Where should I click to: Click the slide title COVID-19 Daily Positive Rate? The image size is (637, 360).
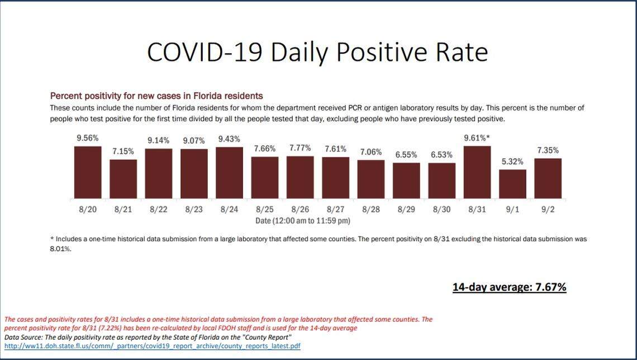(317, 52)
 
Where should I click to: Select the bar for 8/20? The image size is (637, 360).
(88, 172)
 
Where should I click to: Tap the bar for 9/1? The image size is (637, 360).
(512, 184)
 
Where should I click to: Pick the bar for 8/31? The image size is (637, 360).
(477, 172)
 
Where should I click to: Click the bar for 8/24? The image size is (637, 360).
(229, 173)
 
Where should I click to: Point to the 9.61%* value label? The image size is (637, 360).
(478, 138)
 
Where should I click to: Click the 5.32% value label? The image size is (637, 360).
(512, 161)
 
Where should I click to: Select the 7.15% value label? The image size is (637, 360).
(123, 151)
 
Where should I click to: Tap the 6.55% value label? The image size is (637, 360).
(406, 154)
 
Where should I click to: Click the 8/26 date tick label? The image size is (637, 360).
(300, 210)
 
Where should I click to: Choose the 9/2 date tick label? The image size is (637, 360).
(548, 210)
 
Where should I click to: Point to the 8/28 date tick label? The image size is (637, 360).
(371, 210)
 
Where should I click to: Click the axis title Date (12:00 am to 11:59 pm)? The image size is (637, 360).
(303, 221)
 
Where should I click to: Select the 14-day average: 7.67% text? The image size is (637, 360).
(509, 287)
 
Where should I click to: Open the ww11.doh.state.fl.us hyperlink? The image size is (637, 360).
(152, 346)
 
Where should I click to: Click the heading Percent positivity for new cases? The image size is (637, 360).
(156, 96)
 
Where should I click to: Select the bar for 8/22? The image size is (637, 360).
(159, 173)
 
